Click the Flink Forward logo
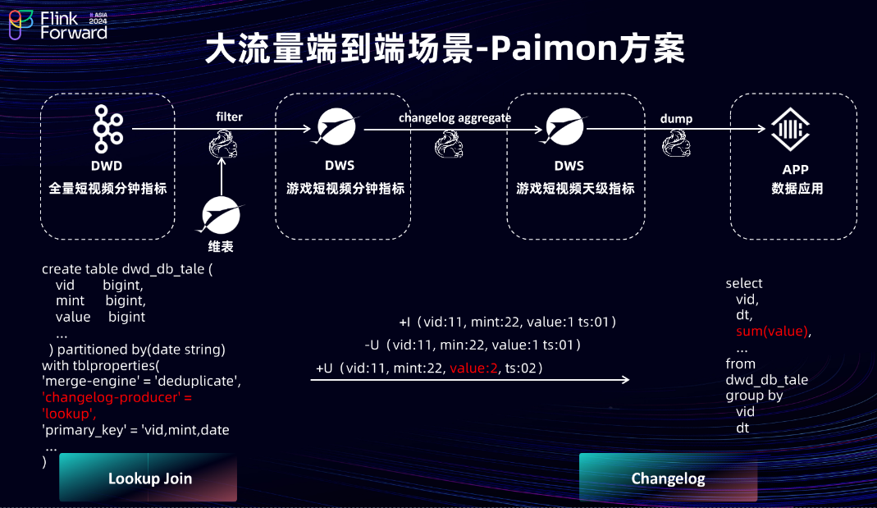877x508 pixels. coord(58,25)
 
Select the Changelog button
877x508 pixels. coord(668,478)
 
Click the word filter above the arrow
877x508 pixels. coord(230,117)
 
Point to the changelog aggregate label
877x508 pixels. coord(454,117)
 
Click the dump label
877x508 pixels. coord(676,119)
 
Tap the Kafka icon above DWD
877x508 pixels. coord(107,129)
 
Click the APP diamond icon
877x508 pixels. coord(790,129)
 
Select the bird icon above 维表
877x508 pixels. coord(220,215)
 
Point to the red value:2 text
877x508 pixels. coord(473,368)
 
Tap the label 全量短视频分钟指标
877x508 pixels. coord(108,189)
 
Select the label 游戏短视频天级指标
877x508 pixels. coord(575,189)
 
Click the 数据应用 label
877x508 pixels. coord(797,189)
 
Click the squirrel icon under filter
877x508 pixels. coord(222,144)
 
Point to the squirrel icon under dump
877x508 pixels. coord(676,144)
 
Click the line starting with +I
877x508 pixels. coord(507,322)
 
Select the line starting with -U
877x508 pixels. coord(473,345)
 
